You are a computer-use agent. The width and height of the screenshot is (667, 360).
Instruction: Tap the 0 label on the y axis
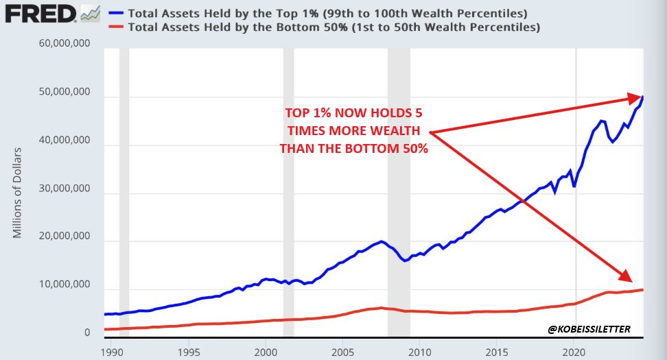pos(87,333)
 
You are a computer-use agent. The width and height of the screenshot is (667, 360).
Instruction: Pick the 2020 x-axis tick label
pos(574,351)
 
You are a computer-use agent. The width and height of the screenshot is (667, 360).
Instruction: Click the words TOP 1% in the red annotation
pos(307,115)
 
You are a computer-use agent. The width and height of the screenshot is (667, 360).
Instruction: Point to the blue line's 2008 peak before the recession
pos(382,241)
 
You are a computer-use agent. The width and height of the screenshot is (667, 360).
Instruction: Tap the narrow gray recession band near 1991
pos(124,192)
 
